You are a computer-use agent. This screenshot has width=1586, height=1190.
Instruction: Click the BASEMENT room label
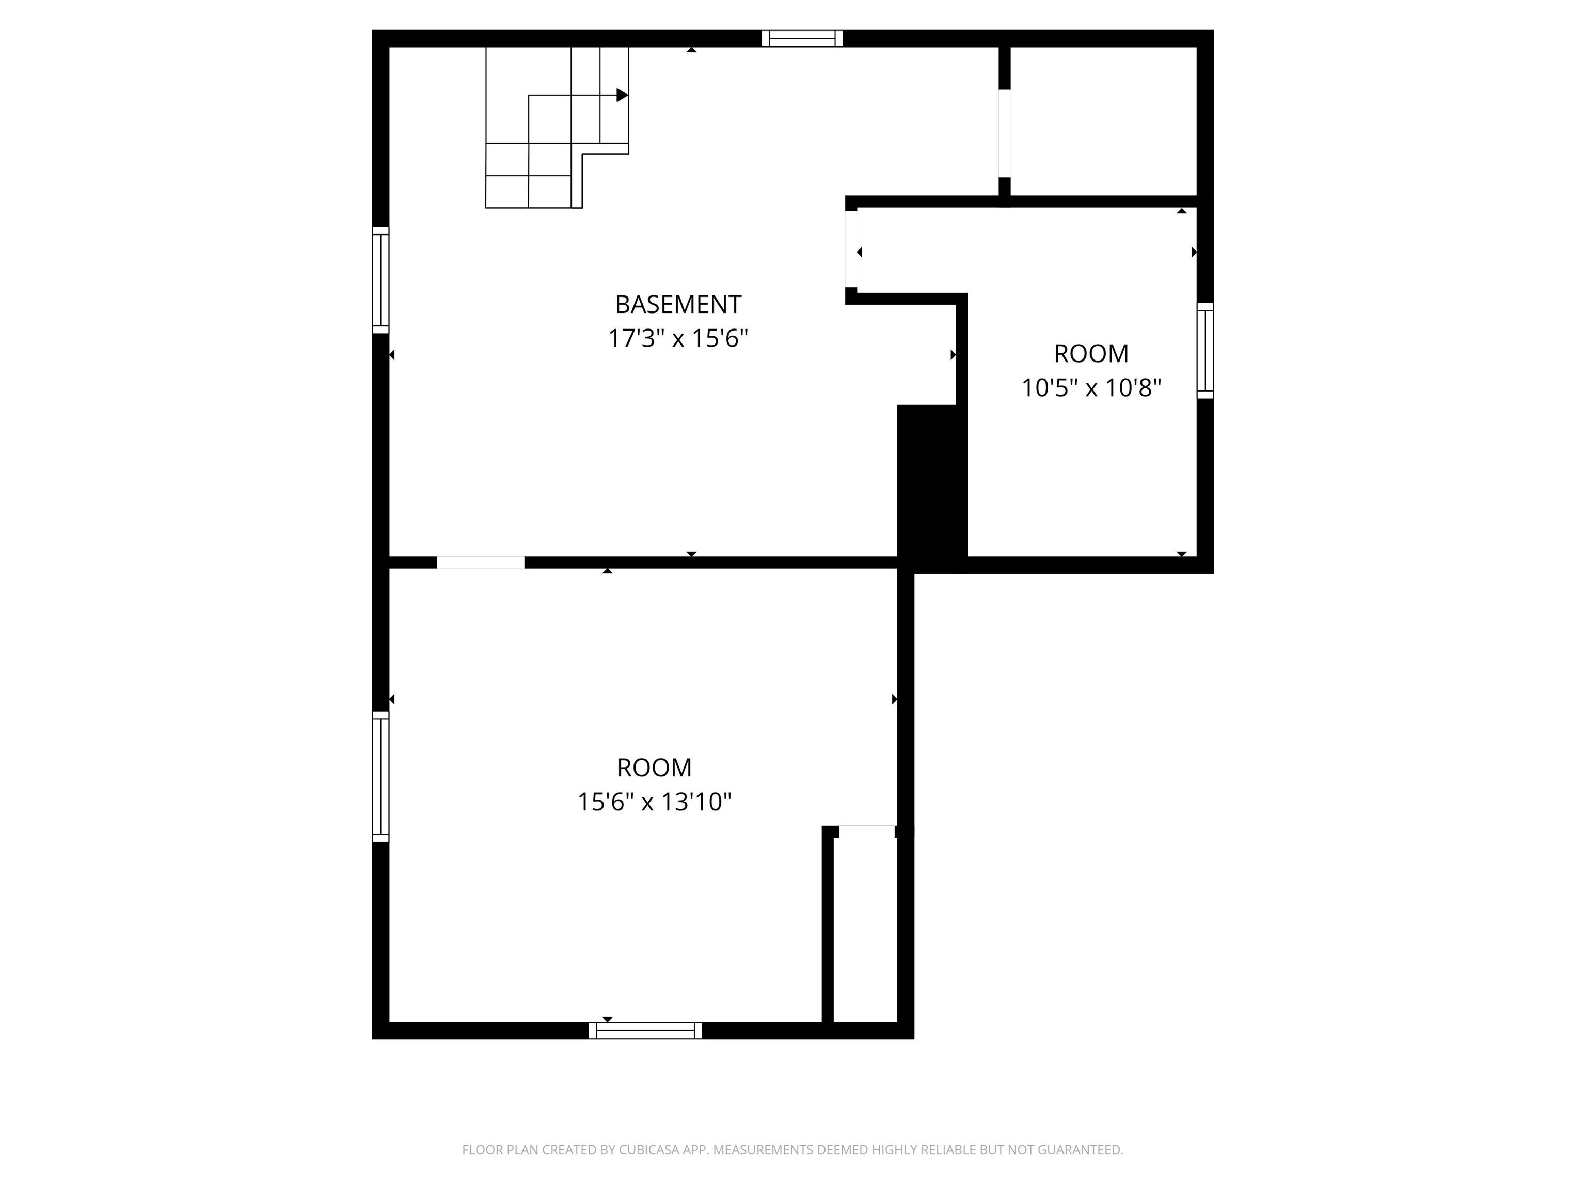tap(677, 304)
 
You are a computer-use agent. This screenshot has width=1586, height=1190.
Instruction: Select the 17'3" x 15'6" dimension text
tap(677, 338)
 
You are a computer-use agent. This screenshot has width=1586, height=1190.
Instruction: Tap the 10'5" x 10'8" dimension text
tap(1090, 388)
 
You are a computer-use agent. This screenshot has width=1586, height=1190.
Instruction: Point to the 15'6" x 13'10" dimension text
tap(654, 801)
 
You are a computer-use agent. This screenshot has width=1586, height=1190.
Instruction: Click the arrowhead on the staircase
tap(622, 95)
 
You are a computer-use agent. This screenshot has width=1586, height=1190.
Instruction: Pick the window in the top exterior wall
tap(802, 38)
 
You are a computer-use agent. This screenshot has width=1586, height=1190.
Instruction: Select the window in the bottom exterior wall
tap(645, 1030)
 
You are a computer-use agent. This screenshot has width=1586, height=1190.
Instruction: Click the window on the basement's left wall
tap(380, 280)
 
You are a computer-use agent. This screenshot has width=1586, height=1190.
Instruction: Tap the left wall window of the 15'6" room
tap(380, 776)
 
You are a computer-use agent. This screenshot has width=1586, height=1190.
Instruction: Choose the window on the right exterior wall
tap(1206, 350)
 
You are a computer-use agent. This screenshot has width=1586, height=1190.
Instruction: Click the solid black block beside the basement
tap(931, 488)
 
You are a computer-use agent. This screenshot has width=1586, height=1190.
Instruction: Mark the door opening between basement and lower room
tap(480, 563)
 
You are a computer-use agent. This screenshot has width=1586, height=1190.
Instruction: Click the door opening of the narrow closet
tap(867, 832)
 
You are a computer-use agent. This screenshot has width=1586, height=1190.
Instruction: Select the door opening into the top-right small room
tap(1005, 133)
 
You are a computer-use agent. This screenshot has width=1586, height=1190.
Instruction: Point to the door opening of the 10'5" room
tap(851, 248)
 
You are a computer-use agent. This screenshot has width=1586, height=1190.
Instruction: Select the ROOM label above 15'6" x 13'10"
tap(654, 768)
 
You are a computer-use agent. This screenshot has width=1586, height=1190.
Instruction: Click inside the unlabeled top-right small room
tap(1103, 120)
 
